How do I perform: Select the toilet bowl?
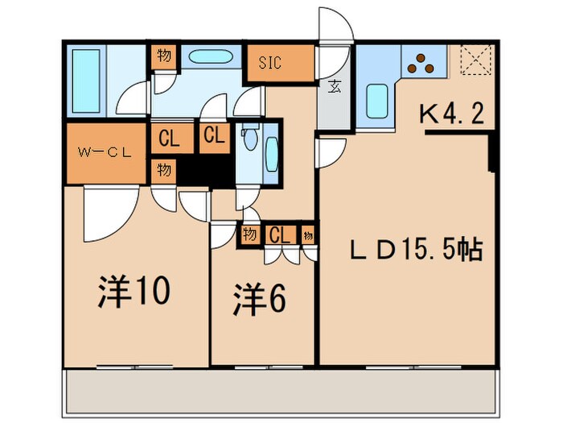click(252, 142)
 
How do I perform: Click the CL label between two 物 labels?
click(279, 235)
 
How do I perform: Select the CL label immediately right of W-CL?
click(169, 138)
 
